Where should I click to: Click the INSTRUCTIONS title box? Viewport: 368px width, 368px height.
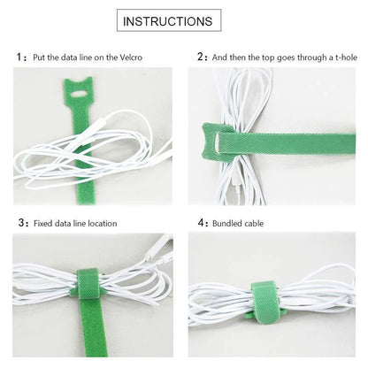184,20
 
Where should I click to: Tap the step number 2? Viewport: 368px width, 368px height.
201,57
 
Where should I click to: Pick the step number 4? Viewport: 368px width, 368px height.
201,223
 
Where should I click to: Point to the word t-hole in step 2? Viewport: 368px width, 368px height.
341,57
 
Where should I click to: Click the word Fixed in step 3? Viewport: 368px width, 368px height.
43,223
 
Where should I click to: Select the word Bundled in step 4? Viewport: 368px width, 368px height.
230,223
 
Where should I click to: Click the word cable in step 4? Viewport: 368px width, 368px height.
261,223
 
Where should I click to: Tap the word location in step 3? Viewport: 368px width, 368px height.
99,223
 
